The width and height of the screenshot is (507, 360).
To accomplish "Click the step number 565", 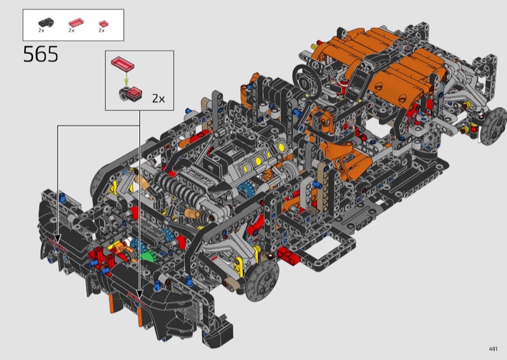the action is (41, 54).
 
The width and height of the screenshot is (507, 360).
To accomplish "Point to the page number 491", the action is (493, 349).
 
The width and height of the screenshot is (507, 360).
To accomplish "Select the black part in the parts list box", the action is (46, 23).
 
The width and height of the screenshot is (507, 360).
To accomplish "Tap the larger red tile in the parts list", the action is (76, 23).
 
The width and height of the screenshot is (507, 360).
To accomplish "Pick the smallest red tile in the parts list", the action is (103, 23).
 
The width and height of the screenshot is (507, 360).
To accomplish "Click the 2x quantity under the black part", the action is (41, 30).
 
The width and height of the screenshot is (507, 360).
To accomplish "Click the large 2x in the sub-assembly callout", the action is (158, 98).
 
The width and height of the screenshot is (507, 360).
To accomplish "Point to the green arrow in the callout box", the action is (126, 79).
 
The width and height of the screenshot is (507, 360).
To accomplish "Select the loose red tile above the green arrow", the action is (122, 63).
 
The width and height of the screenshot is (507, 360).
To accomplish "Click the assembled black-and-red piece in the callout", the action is (131, 93).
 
